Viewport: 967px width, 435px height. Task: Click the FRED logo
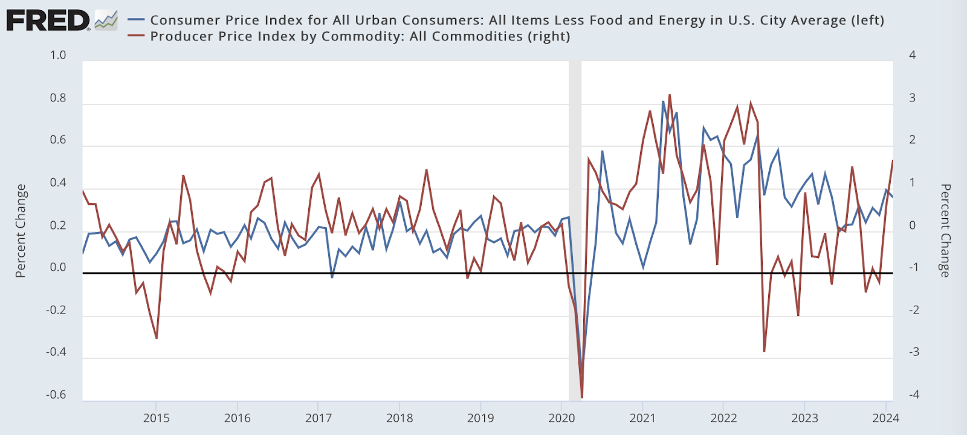48,21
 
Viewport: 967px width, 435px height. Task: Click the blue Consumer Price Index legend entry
517,20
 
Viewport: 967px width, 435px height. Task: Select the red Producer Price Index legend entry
360,36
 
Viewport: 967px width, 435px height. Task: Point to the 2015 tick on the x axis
156,418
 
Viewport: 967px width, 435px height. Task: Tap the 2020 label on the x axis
561,418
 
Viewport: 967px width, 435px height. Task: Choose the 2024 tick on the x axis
885,418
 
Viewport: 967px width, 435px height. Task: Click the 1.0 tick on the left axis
58,55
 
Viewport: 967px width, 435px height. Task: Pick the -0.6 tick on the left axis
56,395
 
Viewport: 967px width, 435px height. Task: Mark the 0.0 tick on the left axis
58,267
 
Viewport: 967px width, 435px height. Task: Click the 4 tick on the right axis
913,55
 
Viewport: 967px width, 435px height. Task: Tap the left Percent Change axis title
21,231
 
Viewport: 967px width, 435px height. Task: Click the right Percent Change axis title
945,231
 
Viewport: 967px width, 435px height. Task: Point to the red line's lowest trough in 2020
582,397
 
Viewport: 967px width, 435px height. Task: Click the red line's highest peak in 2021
670,95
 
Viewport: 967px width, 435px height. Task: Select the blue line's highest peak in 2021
663,101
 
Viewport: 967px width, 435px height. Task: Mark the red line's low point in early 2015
157,338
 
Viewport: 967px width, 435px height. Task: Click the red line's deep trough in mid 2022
765,351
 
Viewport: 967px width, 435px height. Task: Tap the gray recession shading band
575,230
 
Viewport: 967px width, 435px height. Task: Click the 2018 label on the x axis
399,418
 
